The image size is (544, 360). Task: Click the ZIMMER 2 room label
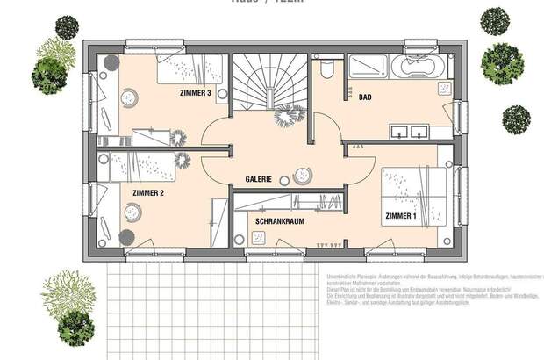pyautogui.click(x=148, y=191)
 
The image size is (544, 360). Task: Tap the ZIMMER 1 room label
pyautogui.click(x=402, y=214)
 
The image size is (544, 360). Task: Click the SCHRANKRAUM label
pyautogui.click(x=280, y=222)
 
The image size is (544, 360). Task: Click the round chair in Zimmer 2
pyautogui.click(x=133, y=212)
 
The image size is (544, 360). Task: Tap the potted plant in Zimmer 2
pyautogui.click(x=125, y=236)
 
